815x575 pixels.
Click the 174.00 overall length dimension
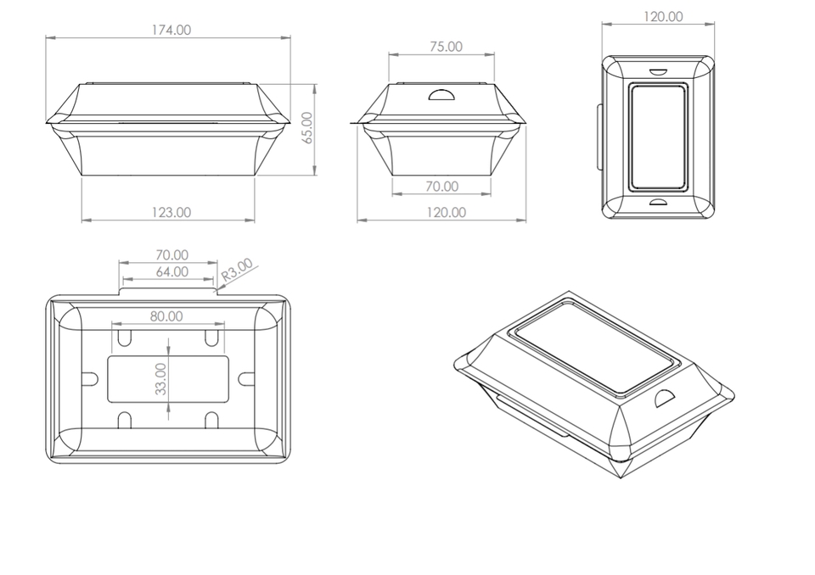171,31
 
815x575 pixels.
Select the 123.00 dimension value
171,212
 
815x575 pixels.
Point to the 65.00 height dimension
306,128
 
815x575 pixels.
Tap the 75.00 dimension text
446,47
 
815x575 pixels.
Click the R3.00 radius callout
237,270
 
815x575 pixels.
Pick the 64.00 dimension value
172,271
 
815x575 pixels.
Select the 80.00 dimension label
166,316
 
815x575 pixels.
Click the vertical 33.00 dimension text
161,378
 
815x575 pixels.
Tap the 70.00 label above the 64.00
172,255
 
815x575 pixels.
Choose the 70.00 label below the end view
441,187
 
